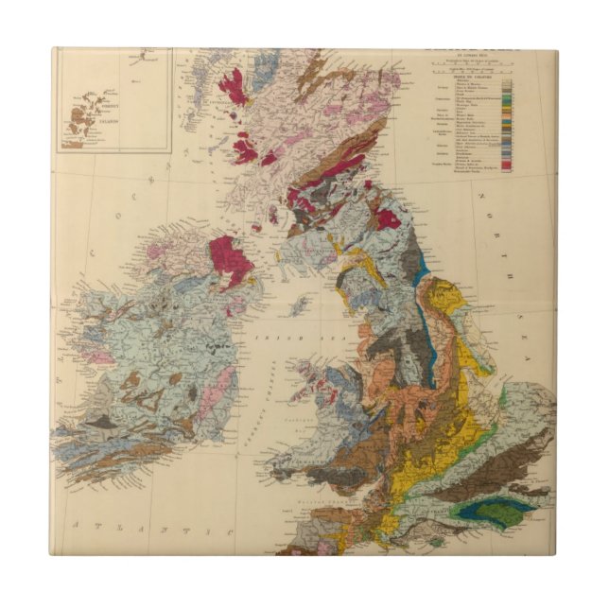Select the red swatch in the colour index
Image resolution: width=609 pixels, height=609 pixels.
tap(508, 165)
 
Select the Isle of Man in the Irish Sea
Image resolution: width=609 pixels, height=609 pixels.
tap(299, 305)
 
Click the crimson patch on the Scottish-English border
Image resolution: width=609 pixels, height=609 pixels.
tap(387, 219)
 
